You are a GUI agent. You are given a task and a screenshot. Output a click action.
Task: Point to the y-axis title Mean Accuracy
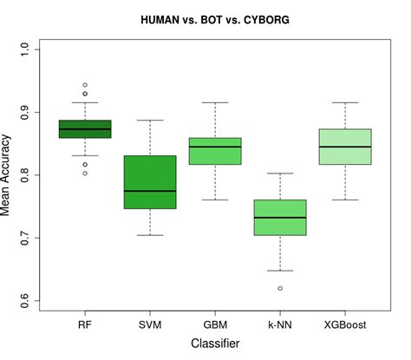click(10, 174)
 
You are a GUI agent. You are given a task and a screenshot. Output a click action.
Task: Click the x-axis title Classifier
click(215, 344)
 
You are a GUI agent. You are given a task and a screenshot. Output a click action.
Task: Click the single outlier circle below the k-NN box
click(280, 288)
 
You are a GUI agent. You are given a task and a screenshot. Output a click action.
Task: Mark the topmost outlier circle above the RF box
click(85, 85)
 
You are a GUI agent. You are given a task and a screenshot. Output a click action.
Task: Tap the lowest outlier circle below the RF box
click(85, 173)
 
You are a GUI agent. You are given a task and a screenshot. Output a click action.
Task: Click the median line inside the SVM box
click(150, 191)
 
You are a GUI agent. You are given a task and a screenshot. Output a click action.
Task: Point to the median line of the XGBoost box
click(345, 147)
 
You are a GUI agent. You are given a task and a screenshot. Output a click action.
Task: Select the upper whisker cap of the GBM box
click(215, 102)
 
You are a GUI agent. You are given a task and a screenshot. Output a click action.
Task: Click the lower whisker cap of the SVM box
click(150, 235)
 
